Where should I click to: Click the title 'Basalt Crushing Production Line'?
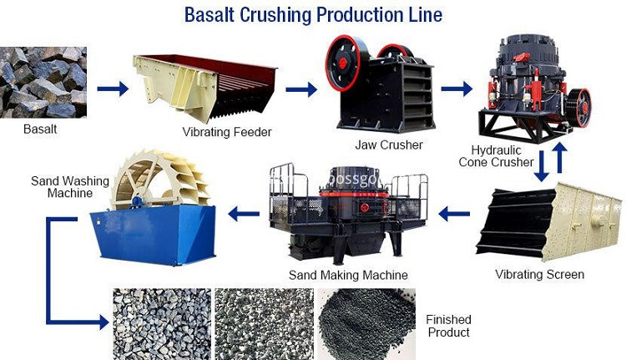click(313, 15)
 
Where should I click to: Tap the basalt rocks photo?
click(43, 83)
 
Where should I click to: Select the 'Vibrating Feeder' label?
click(227, 132)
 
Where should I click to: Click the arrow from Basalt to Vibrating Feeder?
click(113, 89)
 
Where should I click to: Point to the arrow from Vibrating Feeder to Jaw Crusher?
click(301, 89)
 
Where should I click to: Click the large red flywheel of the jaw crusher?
click(342, 63)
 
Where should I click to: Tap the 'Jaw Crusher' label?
click(389, 145)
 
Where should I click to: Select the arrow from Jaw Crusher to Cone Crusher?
click(457, 89)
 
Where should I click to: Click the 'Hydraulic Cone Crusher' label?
click(496, 156)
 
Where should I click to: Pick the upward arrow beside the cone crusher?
click(560, 157)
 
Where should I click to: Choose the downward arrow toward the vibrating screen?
click(542, 166)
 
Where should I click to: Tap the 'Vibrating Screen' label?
click(539, 275)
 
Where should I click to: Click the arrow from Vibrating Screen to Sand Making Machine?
click(454, 214)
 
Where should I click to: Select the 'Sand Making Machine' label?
click(348, 275)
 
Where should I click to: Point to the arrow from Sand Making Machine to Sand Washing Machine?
click(244, 214)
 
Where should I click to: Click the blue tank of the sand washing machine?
click(154, 236)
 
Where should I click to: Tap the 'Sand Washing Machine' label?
click(70, 187)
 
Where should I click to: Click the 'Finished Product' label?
click(448, 326)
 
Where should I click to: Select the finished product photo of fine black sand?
click(366, 324)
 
